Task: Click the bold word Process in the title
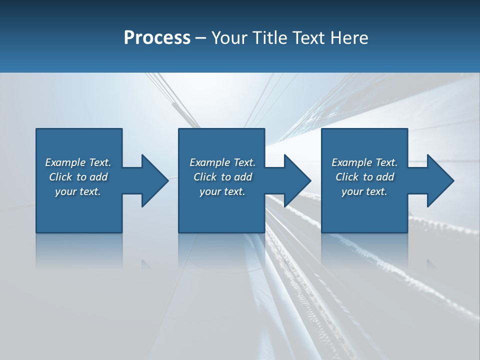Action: [x=157, y=37]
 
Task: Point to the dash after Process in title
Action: [x=201, y=38]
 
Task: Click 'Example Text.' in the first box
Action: [x=78, y=162]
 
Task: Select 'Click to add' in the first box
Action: [x=78, y=177]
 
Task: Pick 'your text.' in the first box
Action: [x=78, y=191]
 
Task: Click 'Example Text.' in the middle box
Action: [x=222, y=162]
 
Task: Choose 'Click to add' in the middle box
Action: [x=222, y=177]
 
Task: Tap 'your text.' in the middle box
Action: [x=222, y=191]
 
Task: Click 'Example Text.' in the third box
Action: [x=364, y=162]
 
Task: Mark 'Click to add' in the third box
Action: [x=364, y=177]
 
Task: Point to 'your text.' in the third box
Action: [x=364, y=191]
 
